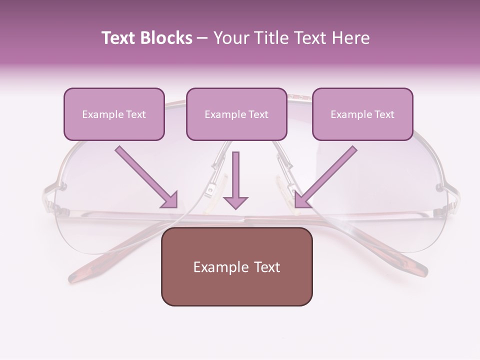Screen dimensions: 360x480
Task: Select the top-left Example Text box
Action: click(x=114, y=114)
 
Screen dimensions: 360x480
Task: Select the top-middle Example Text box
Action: click(x=236, y=114)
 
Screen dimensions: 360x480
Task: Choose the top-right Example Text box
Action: click(x=362, y=114)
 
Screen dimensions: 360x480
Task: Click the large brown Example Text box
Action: click(x=236, y=267)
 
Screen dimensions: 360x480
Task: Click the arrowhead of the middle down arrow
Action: click(x=235, y=202)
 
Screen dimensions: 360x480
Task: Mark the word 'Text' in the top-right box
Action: click(x=384, y=114)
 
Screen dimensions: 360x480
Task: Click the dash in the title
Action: click(x=202, y=38)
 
